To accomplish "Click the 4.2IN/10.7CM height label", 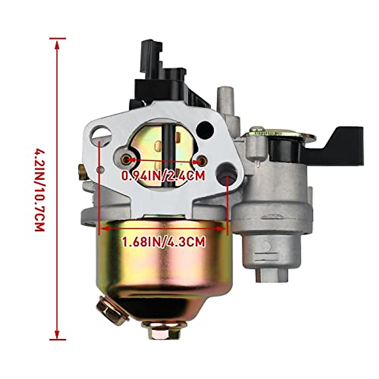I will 39,189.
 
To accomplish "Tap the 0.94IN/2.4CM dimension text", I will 164,175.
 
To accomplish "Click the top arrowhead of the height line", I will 57,44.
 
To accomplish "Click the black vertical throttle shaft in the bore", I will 170,152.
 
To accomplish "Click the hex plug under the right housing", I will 272,275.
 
